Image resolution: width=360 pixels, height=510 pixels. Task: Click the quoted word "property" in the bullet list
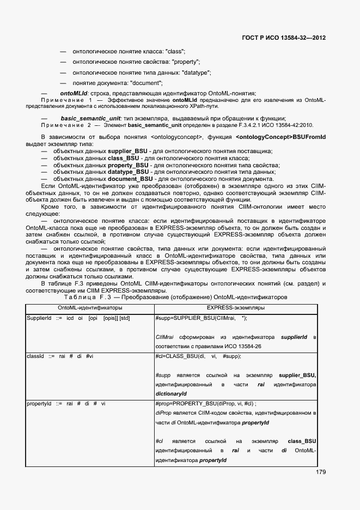tap(185, 62)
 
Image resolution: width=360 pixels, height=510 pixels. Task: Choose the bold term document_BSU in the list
tap(130, 178)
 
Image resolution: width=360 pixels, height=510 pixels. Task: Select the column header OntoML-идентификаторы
tap(90, 308)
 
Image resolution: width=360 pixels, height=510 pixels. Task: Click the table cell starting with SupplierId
tap(78, 318)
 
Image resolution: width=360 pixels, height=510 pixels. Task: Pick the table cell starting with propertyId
tap(66, 403)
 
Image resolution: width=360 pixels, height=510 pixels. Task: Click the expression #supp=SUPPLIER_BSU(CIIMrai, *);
tap(201, 318)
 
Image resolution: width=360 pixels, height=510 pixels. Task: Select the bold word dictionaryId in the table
tap(171, 393)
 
